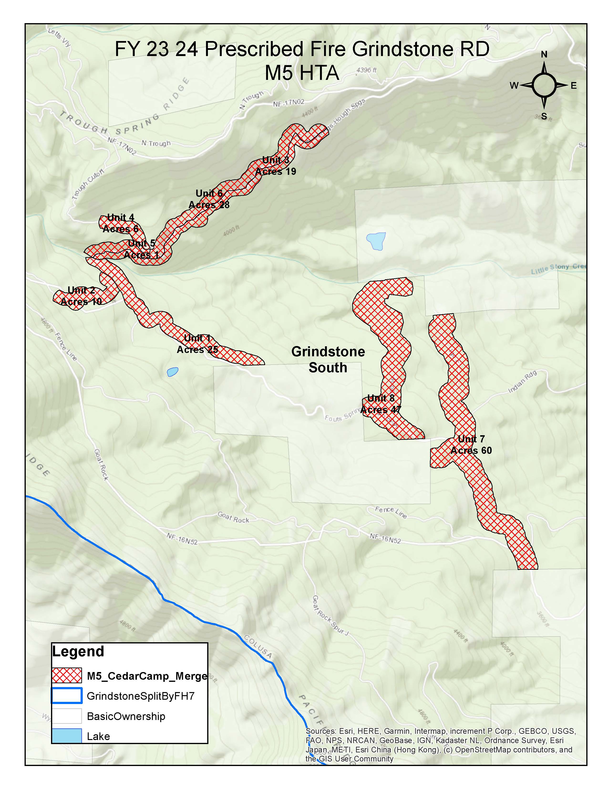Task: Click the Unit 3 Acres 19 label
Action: click(276, 166)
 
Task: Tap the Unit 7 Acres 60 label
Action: click(471, 445)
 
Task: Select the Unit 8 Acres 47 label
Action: click(381, 404)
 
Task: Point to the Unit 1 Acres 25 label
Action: click(197, 344)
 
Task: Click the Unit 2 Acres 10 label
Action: click(81, 296)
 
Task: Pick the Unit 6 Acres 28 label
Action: click(209, 199)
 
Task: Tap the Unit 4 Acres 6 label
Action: click(121, 223)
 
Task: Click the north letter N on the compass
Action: click(544, 54)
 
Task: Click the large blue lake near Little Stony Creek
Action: click(376, 241)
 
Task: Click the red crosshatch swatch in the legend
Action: click(67, 676)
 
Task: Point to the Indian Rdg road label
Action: click(522, 382)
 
